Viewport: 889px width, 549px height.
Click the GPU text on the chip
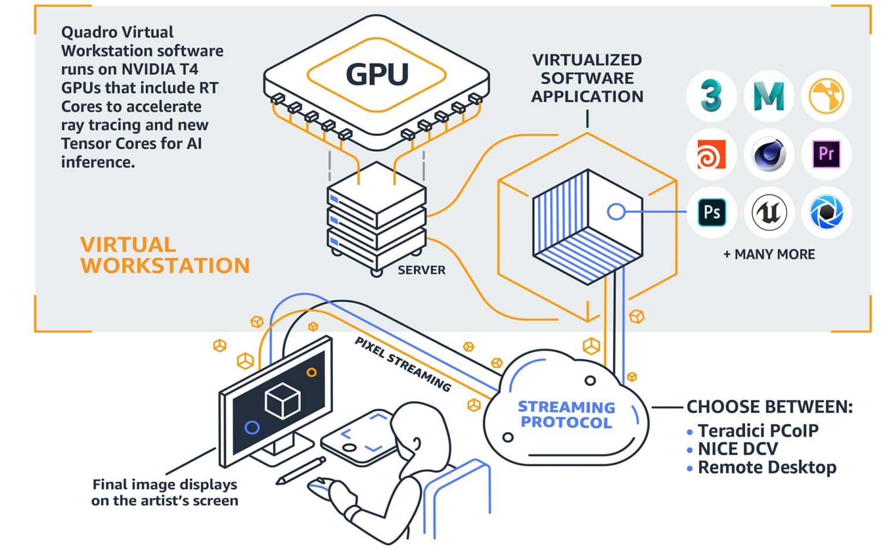pos(377,74)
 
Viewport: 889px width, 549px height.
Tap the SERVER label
pos(421,270)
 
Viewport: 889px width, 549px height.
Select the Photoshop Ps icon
pos(711,213)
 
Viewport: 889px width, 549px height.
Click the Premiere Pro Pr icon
pos(826,154)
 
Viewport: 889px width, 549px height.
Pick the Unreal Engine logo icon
pos(769,213)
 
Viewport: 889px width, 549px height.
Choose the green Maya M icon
pos(769,96)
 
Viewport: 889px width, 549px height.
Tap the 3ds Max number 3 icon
pos(711,96)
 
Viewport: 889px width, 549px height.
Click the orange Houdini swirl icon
pos(711,154)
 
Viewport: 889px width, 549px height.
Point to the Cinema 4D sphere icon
pos(769,154)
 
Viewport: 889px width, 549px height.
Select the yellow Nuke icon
pos(826,96)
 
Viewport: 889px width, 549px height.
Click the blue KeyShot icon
pos(826,213)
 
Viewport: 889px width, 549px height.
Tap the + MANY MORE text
pos(769,254)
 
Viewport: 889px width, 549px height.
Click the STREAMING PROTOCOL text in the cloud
pos(566,415)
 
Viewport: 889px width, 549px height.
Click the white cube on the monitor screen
pos(282,400)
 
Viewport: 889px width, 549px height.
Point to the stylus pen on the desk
pos(300,470)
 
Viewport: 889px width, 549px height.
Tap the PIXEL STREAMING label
pos(403,364)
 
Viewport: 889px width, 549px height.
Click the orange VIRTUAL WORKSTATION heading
pos(164,255)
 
